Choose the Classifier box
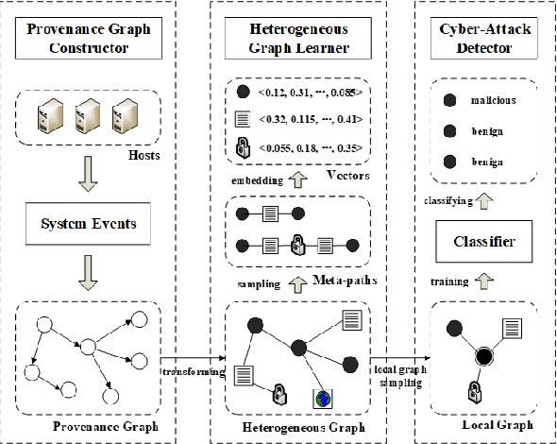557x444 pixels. point(483,242)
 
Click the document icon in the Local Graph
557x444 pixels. point(513,328)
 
